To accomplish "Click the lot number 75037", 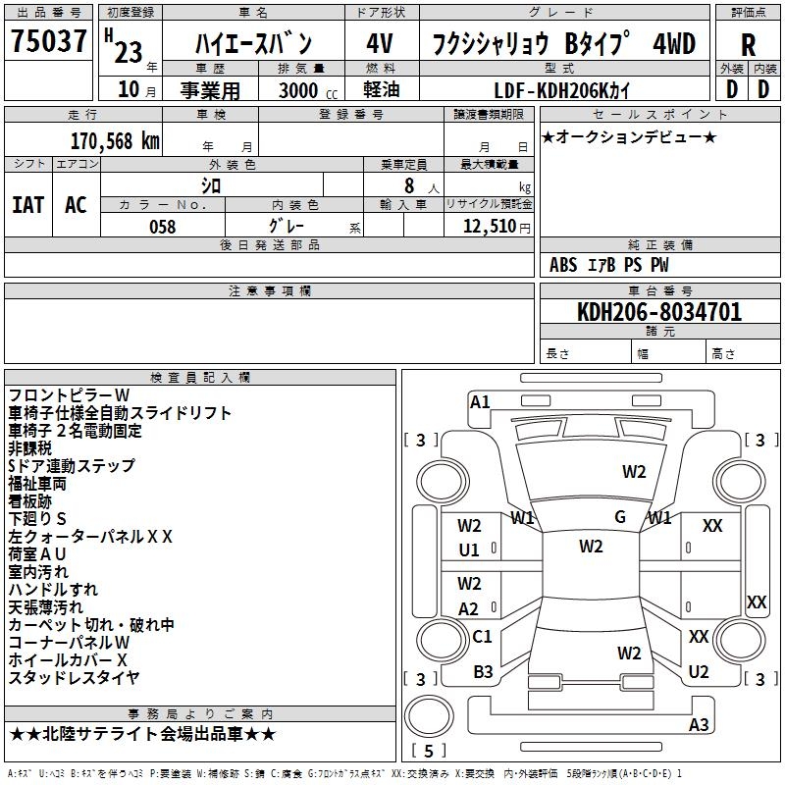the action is pos(47,43).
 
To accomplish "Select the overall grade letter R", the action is pos(748,45).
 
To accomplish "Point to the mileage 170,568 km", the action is pos(115,141).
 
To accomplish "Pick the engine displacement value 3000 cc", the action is pos(304,90).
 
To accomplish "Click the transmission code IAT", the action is pos(27,204).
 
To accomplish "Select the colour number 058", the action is pos(162,226).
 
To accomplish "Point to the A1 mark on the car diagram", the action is pos(480,401).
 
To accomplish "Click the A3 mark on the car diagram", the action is pos(699,725).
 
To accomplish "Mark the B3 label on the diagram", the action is pos(483,671).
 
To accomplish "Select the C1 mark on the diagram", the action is pos(482,636).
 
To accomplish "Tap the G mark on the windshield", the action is pos(620,517).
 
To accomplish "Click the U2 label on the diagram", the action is pos(699,671).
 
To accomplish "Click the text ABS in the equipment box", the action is pos(563,265).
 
